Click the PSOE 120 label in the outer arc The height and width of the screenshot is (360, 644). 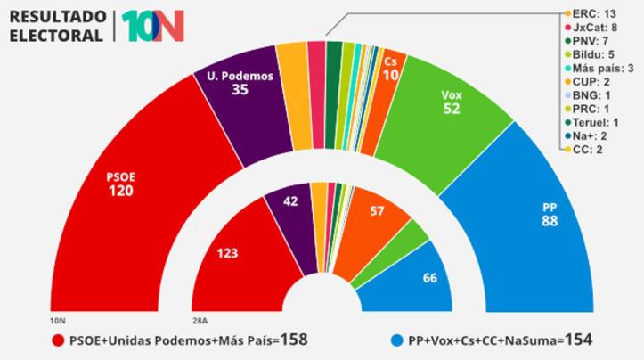121,184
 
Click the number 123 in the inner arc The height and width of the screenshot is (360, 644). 228,253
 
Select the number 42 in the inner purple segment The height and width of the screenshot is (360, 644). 290,201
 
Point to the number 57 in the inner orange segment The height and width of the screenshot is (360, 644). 378,211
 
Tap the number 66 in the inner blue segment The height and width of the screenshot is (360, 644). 429,278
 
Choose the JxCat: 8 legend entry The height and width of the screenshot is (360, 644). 594,28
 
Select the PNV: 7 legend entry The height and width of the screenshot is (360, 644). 591,41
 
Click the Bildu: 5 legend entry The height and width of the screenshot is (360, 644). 592,54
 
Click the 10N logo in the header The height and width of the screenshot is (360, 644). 152,26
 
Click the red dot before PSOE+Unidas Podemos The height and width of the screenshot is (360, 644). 58,340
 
